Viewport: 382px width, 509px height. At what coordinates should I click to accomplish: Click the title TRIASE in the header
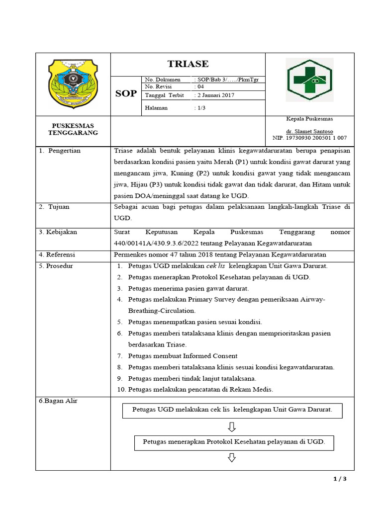coord(188,64)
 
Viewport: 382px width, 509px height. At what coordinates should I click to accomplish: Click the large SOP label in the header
coord(126,93)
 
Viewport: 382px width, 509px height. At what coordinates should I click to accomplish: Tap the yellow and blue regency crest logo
coord(73,83)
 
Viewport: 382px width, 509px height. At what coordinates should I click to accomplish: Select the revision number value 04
coord(200,86)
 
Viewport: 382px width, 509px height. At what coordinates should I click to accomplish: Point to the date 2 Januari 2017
coord(214,95)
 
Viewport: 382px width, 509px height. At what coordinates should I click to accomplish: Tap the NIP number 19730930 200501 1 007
coord(309,138)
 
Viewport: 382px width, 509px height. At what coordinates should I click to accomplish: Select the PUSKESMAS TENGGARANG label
coord(73,129)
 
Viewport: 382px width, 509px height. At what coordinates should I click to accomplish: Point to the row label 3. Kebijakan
coord(58,232)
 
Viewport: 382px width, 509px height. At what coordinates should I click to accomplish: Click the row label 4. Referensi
coord(57,254)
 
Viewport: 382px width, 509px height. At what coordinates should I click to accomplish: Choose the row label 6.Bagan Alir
coord(58,401)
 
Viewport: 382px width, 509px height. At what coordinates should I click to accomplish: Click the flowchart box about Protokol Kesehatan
coord(233,442)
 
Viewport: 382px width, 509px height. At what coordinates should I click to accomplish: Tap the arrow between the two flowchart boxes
coord(232,427)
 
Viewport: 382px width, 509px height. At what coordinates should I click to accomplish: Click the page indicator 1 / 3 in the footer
coord(339,479)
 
